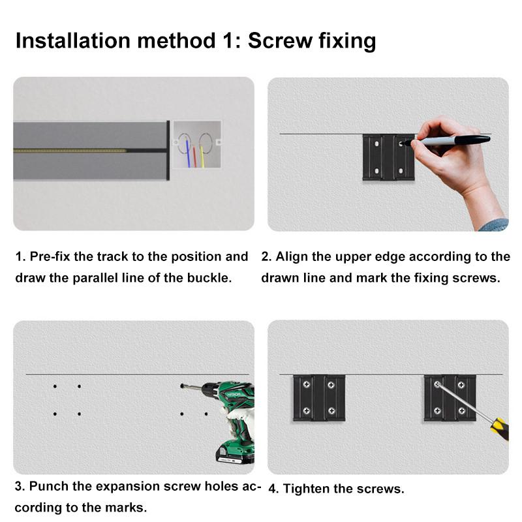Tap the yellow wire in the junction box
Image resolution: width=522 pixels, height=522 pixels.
[x=202, y=156]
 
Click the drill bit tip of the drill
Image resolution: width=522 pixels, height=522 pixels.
[x=183, y=386]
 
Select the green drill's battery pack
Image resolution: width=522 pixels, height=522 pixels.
[x=235, y=451]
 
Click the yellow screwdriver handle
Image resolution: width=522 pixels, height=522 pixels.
[x=499, y=428]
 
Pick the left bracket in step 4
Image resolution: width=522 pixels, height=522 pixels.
[x=318, y=397]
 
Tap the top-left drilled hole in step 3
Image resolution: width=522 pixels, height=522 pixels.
[x=55, y=386]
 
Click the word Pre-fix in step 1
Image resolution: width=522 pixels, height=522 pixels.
[x=50, y=256]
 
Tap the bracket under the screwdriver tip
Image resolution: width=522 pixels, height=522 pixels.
[x=449, y=397]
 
